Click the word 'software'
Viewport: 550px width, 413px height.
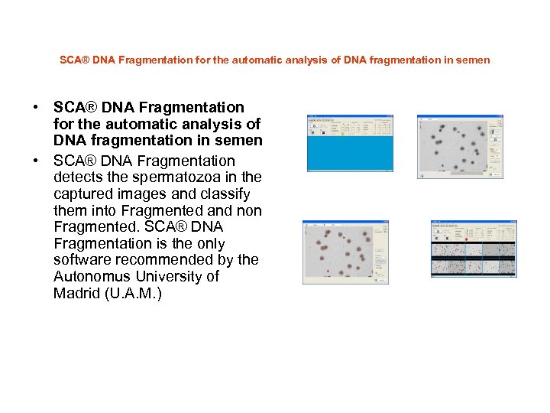[83, 260]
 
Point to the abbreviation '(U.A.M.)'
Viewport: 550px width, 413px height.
[135, 294]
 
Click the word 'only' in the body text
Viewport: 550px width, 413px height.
[209, 244]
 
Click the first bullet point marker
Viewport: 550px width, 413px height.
[36, 108]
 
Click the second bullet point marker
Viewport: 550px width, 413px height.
[36, 161]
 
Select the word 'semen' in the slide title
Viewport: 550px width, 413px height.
[474, 60]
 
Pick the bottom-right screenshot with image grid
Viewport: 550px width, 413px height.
[473, 249]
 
